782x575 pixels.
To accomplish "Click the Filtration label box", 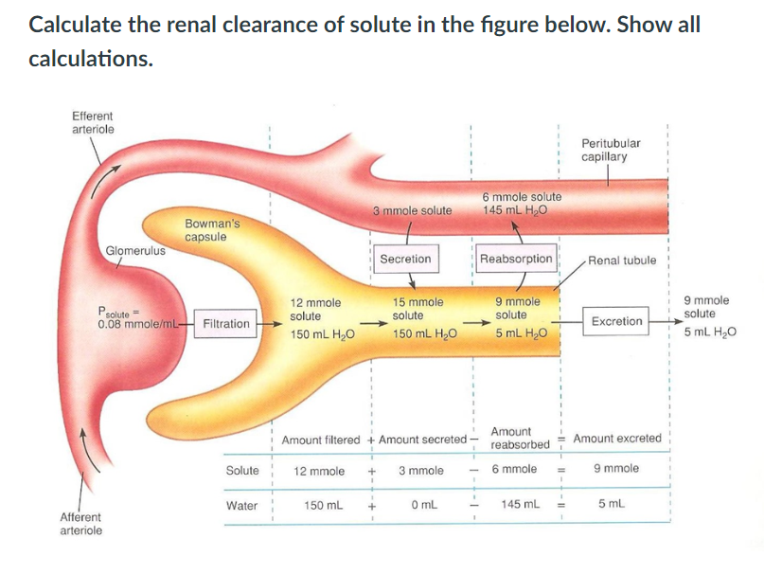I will coord(226,323).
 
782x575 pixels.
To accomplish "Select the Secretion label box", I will coord(405,259).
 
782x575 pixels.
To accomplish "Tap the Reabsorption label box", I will coord(516,259).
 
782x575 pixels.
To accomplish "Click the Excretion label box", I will coord(616,321).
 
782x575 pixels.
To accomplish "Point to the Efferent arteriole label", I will coord(93,122).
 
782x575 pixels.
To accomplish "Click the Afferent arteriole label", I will coord(81,524).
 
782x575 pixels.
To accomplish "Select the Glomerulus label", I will coord(135,250).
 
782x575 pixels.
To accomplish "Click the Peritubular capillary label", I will coord(611,150).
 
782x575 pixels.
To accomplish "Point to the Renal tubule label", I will coord(622,260).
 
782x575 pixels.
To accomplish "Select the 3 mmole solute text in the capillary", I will coord(412,209).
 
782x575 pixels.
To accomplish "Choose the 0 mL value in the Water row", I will coord(421,506).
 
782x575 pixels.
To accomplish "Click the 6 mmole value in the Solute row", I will coord(516,469).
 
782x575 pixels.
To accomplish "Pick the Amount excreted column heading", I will coord(617,439).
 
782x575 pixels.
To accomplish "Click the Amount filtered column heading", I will coord(321,440).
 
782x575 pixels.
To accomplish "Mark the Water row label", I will coord(242,506).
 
